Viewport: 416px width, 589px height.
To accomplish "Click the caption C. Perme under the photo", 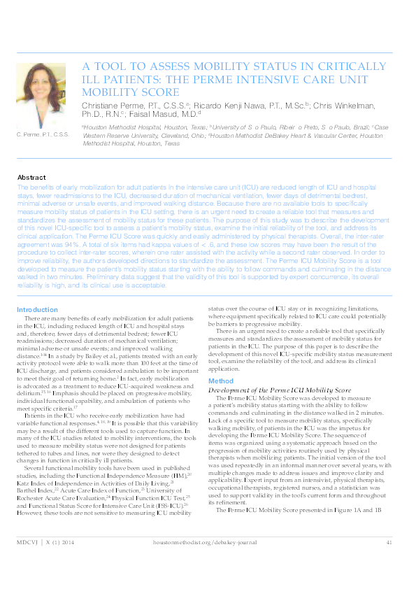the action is click(x=43, y=134).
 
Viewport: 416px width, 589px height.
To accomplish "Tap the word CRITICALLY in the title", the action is click(x=329, y=66).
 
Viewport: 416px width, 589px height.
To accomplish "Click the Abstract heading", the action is click(x=31, y=178).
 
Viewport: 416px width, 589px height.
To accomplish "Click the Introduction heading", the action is click(x=37, y=308).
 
